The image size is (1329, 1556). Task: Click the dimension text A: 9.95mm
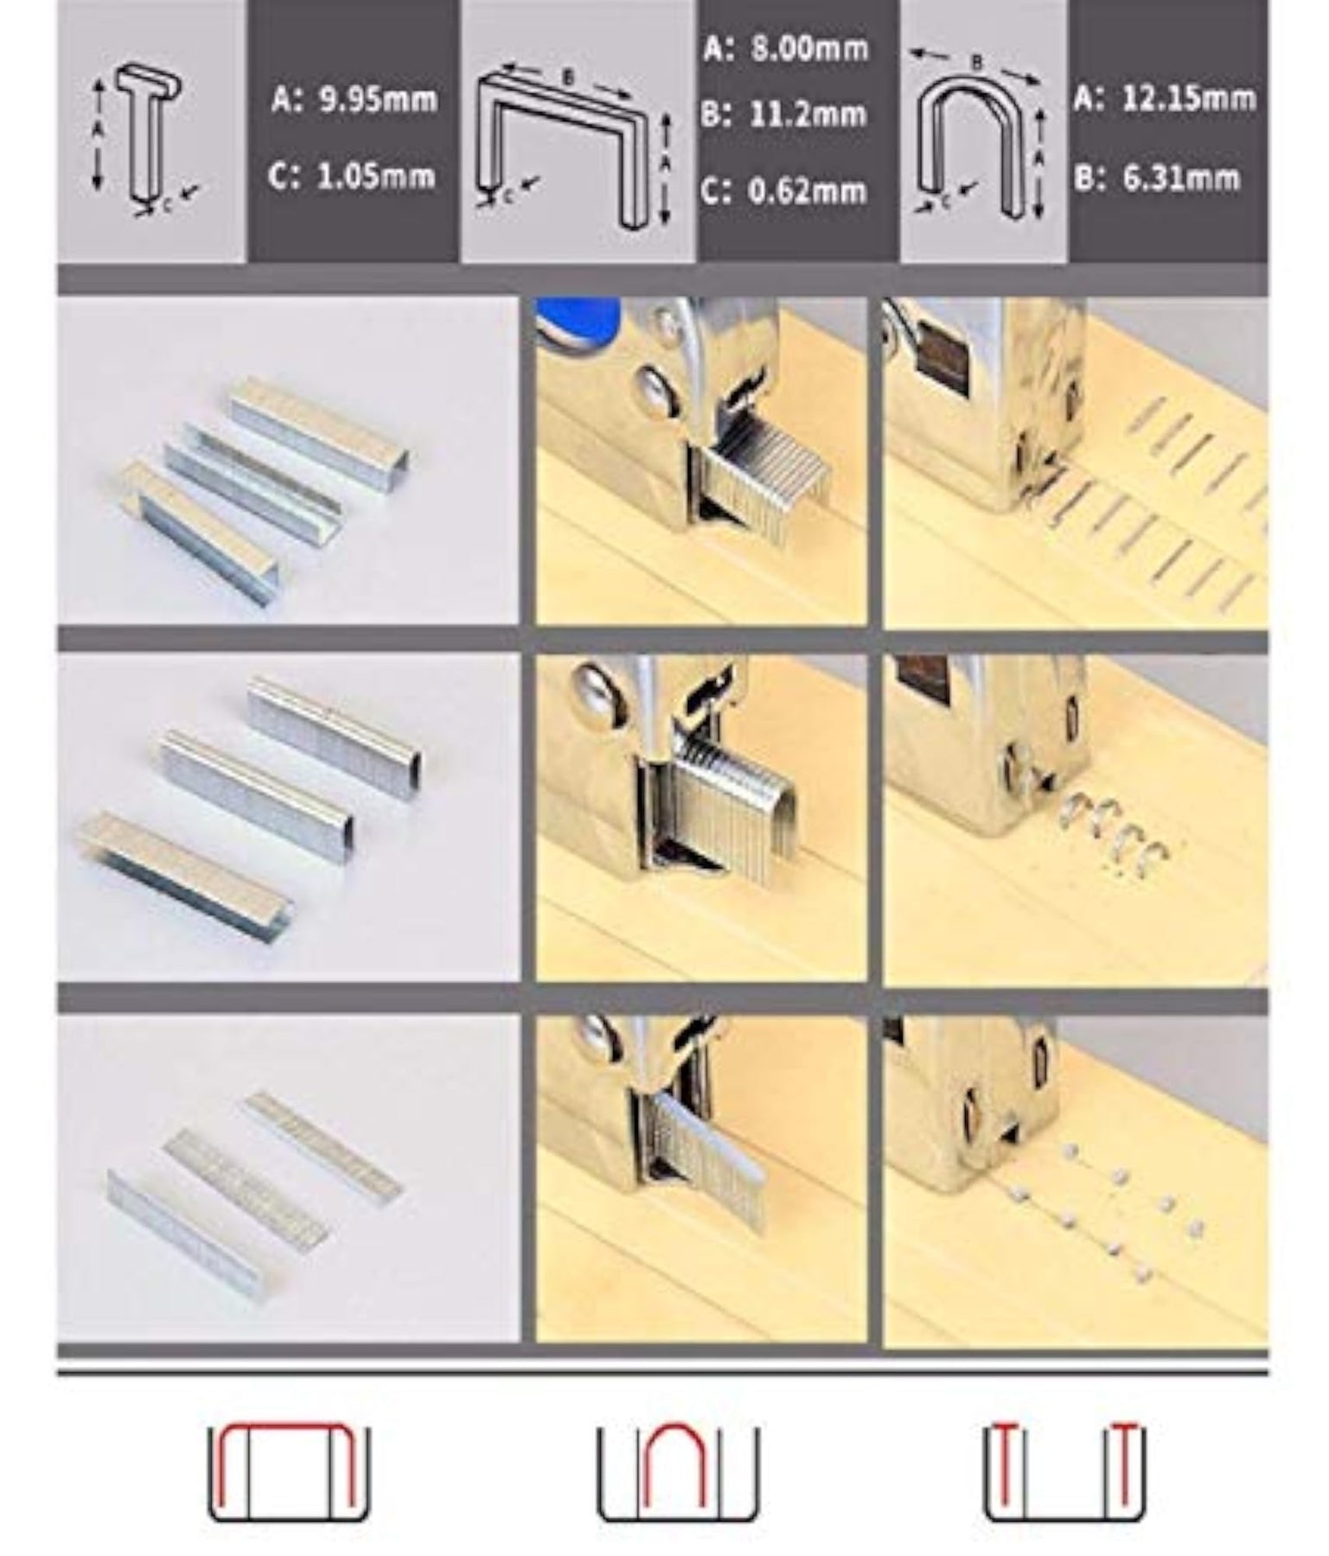(354, 100)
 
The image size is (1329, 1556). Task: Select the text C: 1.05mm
(352, 176)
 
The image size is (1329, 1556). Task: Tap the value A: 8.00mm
(785, 48)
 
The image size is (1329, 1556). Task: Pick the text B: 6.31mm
(1157, 178)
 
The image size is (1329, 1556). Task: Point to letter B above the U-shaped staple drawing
(977, 62)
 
